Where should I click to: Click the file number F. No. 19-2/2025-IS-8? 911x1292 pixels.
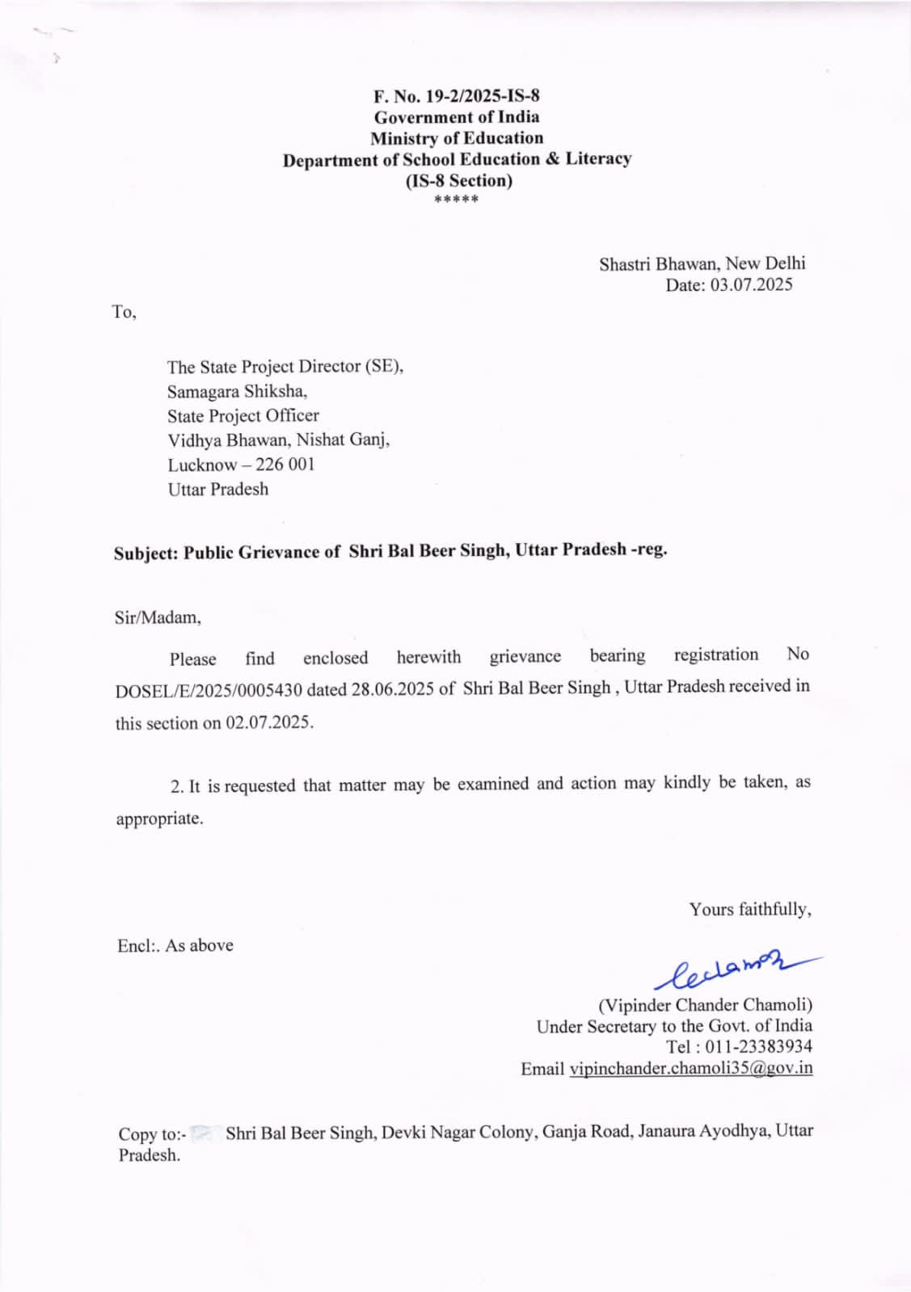coord(456,96)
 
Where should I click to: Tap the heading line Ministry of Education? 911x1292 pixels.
coord(457,138)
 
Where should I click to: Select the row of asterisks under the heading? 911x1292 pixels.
coord(456,200)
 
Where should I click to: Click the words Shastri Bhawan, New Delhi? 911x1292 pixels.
coord(702,263)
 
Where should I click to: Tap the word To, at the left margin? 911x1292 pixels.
coord(124,312)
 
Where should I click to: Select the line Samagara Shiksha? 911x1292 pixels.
coord(237,391)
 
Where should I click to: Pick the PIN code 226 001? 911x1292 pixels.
coord(285,465)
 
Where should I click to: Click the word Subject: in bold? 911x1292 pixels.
coord(146,553)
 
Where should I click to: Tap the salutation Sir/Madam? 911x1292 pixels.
coord(158,618)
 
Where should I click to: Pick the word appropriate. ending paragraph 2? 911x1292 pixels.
coord(159,819)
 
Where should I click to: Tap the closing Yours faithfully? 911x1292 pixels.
coord(750,910)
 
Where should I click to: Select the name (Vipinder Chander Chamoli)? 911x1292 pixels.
coord(705,1005)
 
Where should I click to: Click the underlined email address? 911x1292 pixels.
coord(691,1068)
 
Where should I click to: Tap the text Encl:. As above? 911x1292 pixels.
coord(175,945)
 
